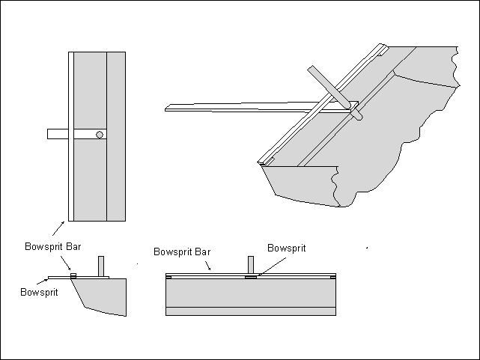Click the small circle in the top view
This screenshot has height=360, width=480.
coord(100,135)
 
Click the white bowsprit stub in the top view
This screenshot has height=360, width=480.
coord(57,135)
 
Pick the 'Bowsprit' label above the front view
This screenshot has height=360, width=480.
coord(287,248)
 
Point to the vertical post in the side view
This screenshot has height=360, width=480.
coord(102,266)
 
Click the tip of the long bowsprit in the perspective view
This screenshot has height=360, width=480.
coord(167,109)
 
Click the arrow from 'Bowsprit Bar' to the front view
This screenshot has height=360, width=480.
coord(213,265)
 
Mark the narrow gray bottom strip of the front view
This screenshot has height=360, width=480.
coord(249,311)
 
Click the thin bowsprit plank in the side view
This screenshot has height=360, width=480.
coord(60,277)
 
